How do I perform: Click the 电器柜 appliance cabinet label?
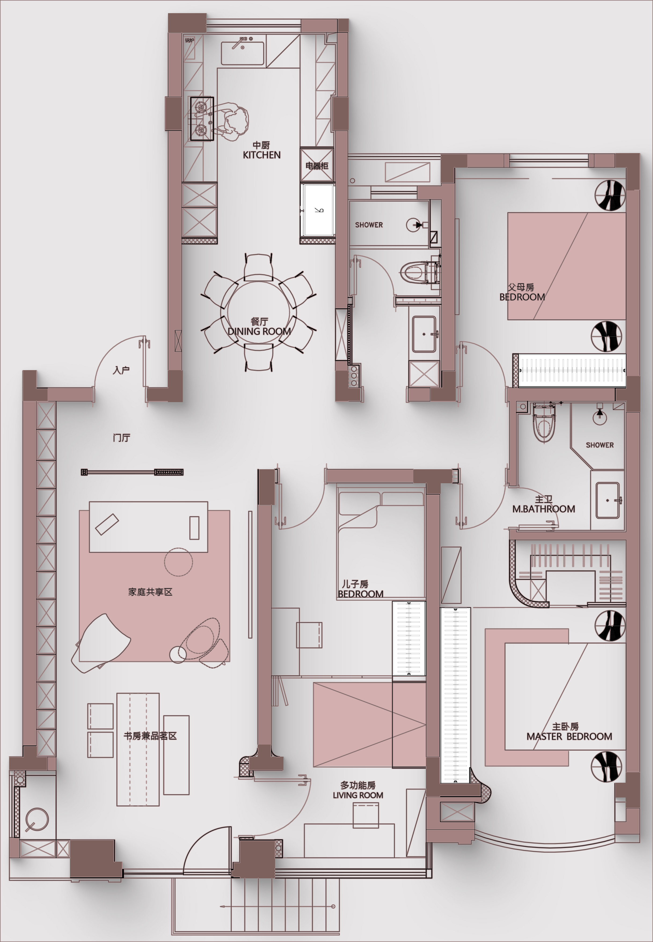click(317, 166)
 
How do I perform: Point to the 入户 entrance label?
click(121, 370)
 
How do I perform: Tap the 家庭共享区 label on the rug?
click(150, 592)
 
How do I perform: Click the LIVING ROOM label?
click(358, 795)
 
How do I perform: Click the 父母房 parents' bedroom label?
click(521, 287)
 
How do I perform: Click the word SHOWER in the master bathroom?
click(600, 445)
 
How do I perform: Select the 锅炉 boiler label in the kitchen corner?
click(189, 40)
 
